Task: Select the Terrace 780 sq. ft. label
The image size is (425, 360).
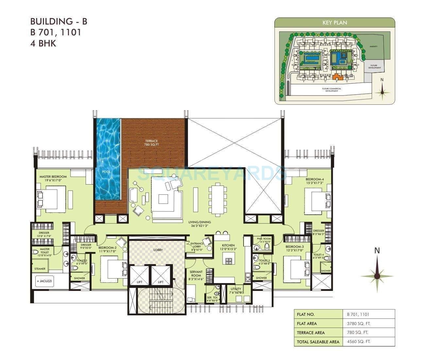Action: click(x=151, y=143)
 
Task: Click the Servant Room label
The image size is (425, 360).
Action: click(x=196, y=274)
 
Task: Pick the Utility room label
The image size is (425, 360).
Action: click(x=236, y=291)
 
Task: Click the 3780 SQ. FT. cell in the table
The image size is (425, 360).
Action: click(x=359, y=323)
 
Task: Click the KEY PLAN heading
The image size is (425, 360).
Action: click(x=334, y=23)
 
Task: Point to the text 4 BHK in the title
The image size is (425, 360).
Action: click(x=43, y=43)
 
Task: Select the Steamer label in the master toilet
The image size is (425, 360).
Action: click(x=40, y=269)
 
